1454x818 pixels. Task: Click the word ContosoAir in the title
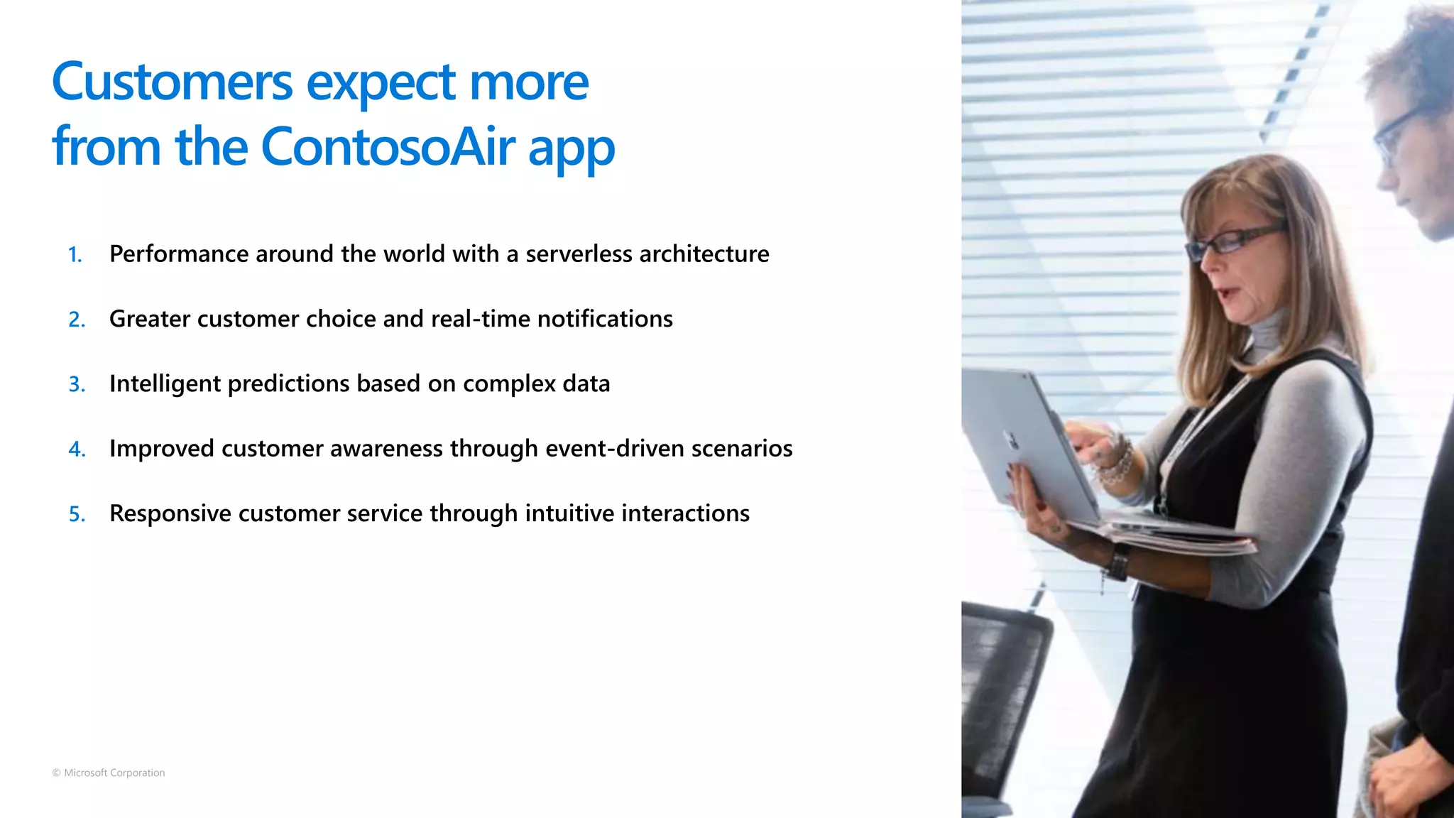pyautogui.click(x=388, y=147)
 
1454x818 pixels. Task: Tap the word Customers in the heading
pyautogui.click(x=172, y=82)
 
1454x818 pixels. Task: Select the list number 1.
pyautogui.click(x=75, y=255)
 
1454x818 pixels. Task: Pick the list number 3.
pyautogui.click(x=77, y=385)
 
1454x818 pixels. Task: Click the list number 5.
pyautogui.click(x=77, y=514)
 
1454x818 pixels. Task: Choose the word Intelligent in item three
pyautogui.click(x=165, y=384)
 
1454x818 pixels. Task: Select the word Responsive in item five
pyautogui.click(x=170, y=513)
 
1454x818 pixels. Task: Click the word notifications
pyautogui.click(x=605, y=319)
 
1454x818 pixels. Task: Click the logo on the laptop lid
pyautogui.click(x=1010, y=440)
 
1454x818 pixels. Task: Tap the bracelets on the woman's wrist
pyautogui.click(x=1117, y=462)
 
